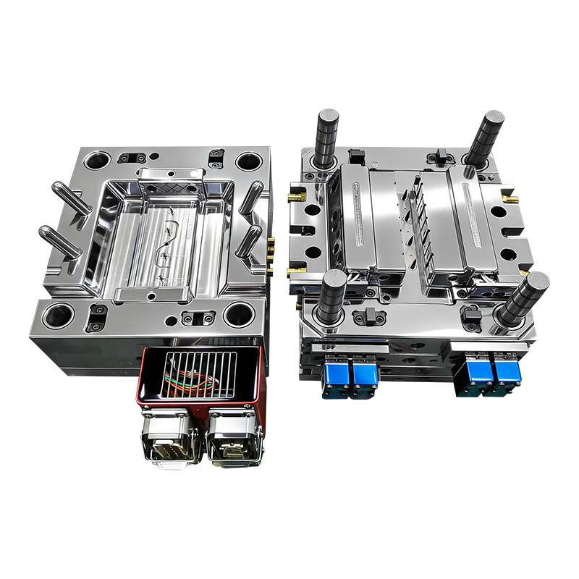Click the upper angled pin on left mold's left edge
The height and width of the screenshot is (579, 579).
click(70, 198)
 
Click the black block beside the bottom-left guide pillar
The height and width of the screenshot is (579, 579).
click(371, 316)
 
